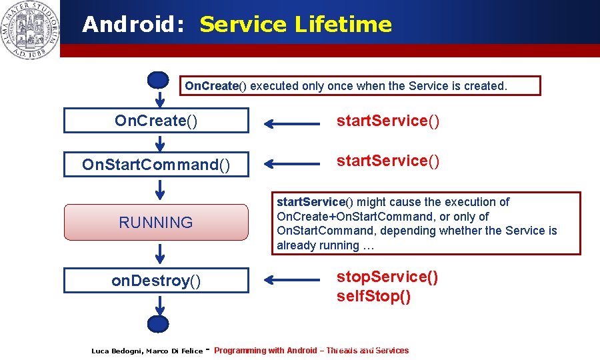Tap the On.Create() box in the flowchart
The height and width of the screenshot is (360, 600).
(156, 121)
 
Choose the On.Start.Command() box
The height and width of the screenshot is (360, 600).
(156, 164)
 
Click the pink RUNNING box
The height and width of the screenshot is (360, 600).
(156, 222)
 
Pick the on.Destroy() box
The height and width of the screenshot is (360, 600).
(156, 281)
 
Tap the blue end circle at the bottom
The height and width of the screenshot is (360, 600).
(158, 324)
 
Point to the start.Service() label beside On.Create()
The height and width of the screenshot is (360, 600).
(387, 121)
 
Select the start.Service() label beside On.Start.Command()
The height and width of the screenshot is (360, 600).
(387, 161)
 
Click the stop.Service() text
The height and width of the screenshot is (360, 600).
(387, 277)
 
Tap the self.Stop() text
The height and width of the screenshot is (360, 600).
(373, 296)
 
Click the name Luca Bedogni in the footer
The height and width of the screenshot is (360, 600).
(117, 351)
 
